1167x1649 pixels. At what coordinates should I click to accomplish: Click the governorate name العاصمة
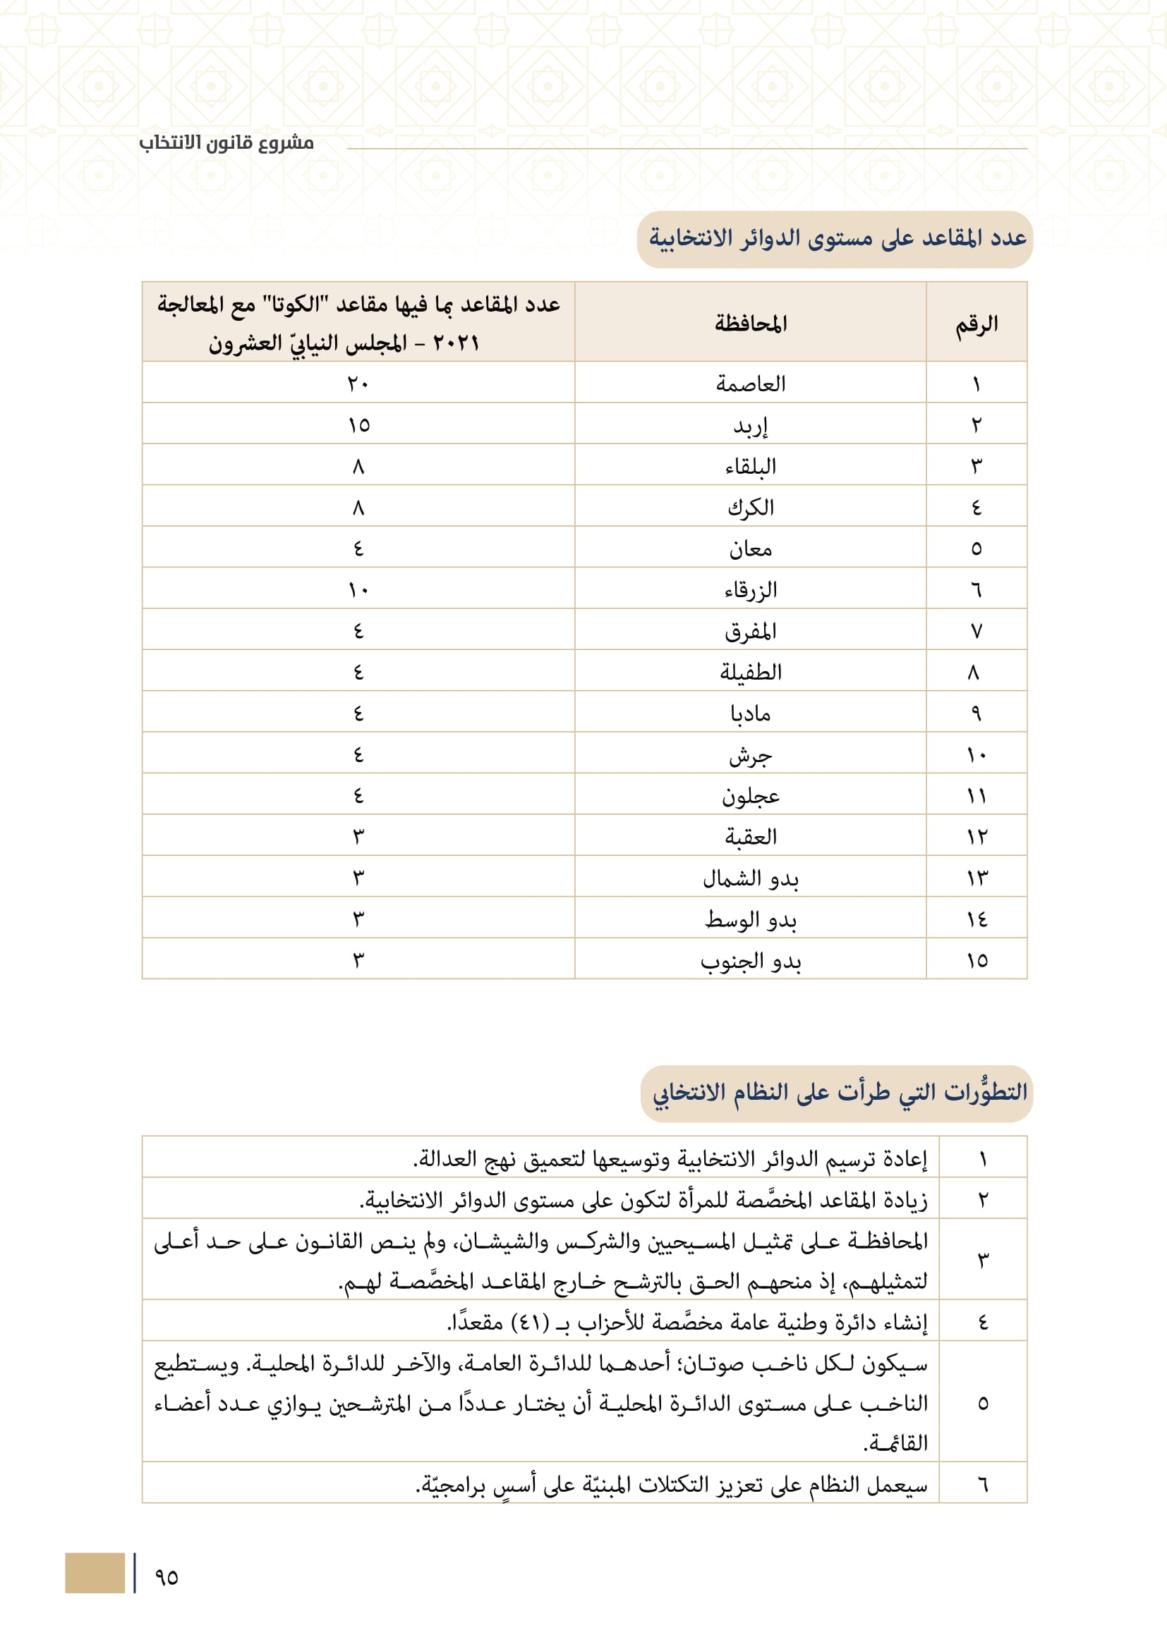coord(750,384)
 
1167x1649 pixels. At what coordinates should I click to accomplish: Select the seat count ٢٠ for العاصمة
coord(358,384)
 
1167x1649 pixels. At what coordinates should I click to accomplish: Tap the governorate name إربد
coord(750,426)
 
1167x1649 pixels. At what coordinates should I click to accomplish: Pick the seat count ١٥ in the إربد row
coord(358,425)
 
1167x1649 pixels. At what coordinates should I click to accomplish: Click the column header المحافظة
coord(750,323)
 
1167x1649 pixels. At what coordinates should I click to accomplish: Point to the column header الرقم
coord(976,324)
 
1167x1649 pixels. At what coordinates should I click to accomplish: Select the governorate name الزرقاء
coord(750,590)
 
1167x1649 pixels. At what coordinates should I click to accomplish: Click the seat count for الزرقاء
coord(358,590)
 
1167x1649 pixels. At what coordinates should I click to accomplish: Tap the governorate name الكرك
coord(750,508)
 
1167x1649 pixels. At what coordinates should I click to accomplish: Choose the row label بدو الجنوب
coord(750,961)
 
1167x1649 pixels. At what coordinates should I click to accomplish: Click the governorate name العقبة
coord(750,837)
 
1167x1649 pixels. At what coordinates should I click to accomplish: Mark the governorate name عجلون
coord(750,796)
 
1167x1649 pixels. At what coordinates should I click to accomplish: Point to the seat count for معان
coord(358,548)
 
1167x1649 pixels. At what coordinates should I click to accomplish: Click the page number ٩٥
coord(166,1578)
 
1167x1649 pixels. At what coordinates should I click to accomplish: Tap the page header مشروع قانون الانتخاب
coord(226,143)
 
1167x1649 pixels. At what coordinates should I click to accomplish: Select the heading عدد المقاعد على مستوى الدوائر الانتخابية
coord(838,238)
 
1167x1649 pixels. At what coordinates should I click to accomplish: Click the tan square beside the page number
coord(94,1573)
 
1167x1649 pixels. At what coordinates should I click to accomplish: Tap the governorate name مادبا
coord(750,713)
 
